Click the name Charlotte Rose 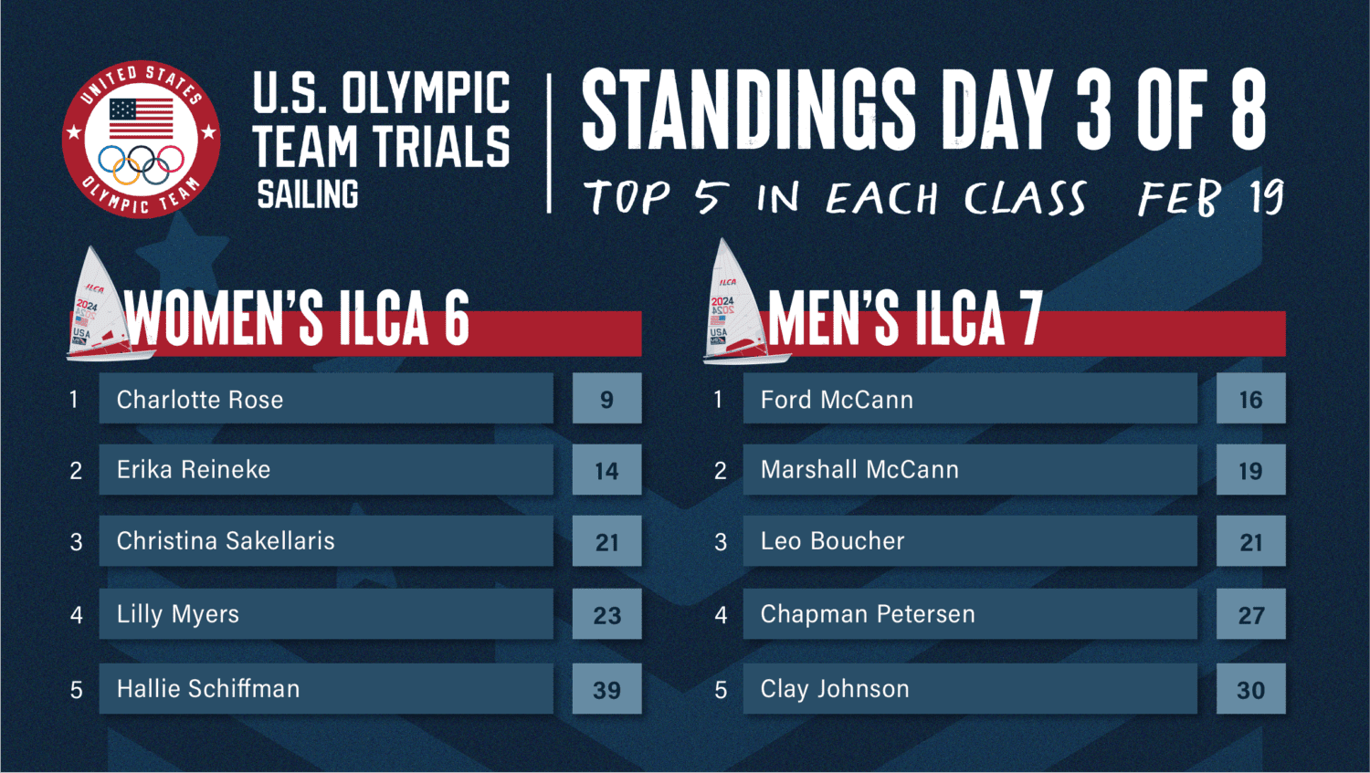click(x=200, y=400)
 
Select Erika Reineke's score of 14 click(x=606, y=471)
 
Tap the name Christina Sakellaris click(x=226, y=541)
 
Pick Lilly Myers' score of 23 click(x=606, y=615)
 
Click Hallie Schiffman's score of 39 click(x=606, y=690)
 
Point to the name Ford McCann click(x=837, y=400)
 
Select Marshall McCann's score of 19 click(x=1250, y=471)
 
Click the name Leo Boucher click(x=832, y=541)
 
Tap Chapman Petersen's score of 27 click(x=1250, y=615)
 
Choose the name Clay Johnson click(x=835, y=689)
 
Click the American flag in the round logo click(x=142, y=119)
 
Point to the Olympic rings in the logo click(x=142, y=163)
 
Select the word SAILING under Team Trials click(x=308, y=194)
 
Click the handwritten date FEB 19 click(x=1210, y=197)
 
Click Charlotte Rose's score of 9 click(x=606, y=400)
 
